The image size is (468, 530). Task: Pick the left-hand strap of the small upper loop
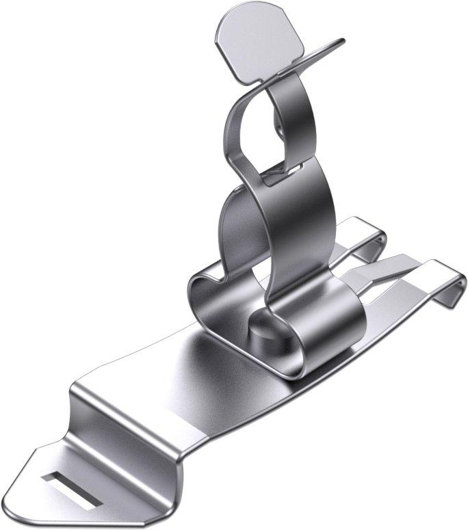[x=233, y=130]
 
